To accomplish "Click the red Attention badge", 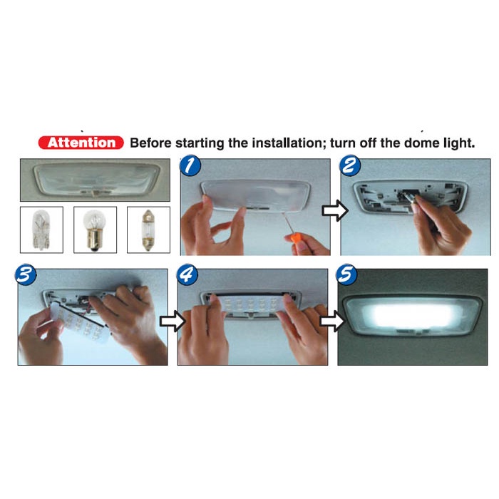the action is (81, 143).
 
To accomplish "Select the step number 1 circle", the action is (190, 165).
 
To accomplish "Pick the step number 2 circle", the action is (350, 165).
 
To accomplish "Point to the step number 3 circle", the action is (26, 274).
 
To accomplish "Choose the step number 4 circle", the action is (187, 274).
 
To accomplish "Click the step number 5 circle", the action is (346, 274).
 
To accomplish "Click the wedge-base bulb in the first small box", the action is (41, 230).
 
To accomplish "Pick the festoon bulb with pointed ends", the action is (148, 230).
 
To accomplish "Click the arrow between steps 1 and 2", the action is (335, 210).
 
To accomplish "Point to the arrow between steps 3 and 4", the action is (173, 321).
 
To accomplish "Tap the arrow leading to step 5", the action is (332, 321).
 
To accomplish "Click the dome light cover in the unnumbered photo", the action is (96, 179).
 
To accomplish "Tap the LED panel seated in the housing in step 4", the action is (250, 304).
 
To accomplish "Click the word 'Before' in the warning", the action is (150, 143).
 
